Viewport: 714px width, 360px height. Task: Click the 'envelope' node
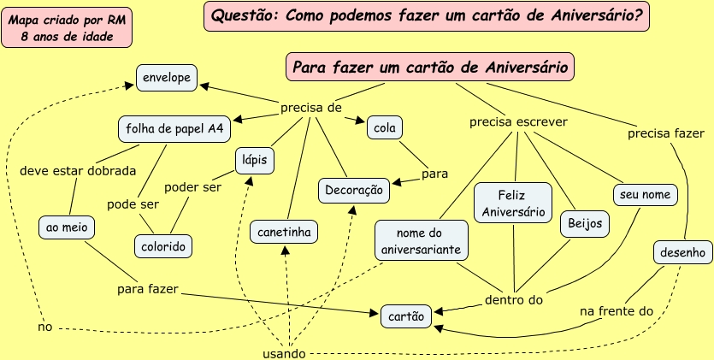(x=167, y=78)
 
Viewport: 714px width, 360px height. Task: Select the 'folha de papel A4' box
(x=174, y=129)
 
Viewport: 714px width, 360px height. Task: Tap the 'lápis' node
(x=253, y=159)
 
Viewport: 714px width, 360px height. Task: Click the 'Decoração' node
(x=354, y=191)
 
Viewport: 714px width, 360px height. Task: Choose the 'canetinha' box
(x=285, y=231)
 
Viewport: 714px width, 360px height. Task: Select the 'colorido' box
(x=162, y=246)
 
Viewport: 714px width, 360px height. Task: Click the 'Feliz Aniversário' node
(x=513, y=203)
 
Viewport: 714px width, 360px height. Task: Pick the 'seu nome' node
(x=646, y=195)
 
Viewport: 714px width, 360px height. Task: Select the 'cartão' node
(x=406, y=316)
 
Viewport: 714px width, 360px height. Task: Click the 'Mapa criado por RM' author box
(x=67, y=27)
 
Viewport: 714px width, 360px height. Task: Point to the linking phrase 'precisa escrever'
(x=518, y=122)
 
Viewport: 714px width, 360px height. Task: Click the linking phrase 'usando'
(x=281, y=353)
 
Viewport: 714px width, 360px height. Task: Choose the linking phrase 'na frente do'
(x=617, y=312)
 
